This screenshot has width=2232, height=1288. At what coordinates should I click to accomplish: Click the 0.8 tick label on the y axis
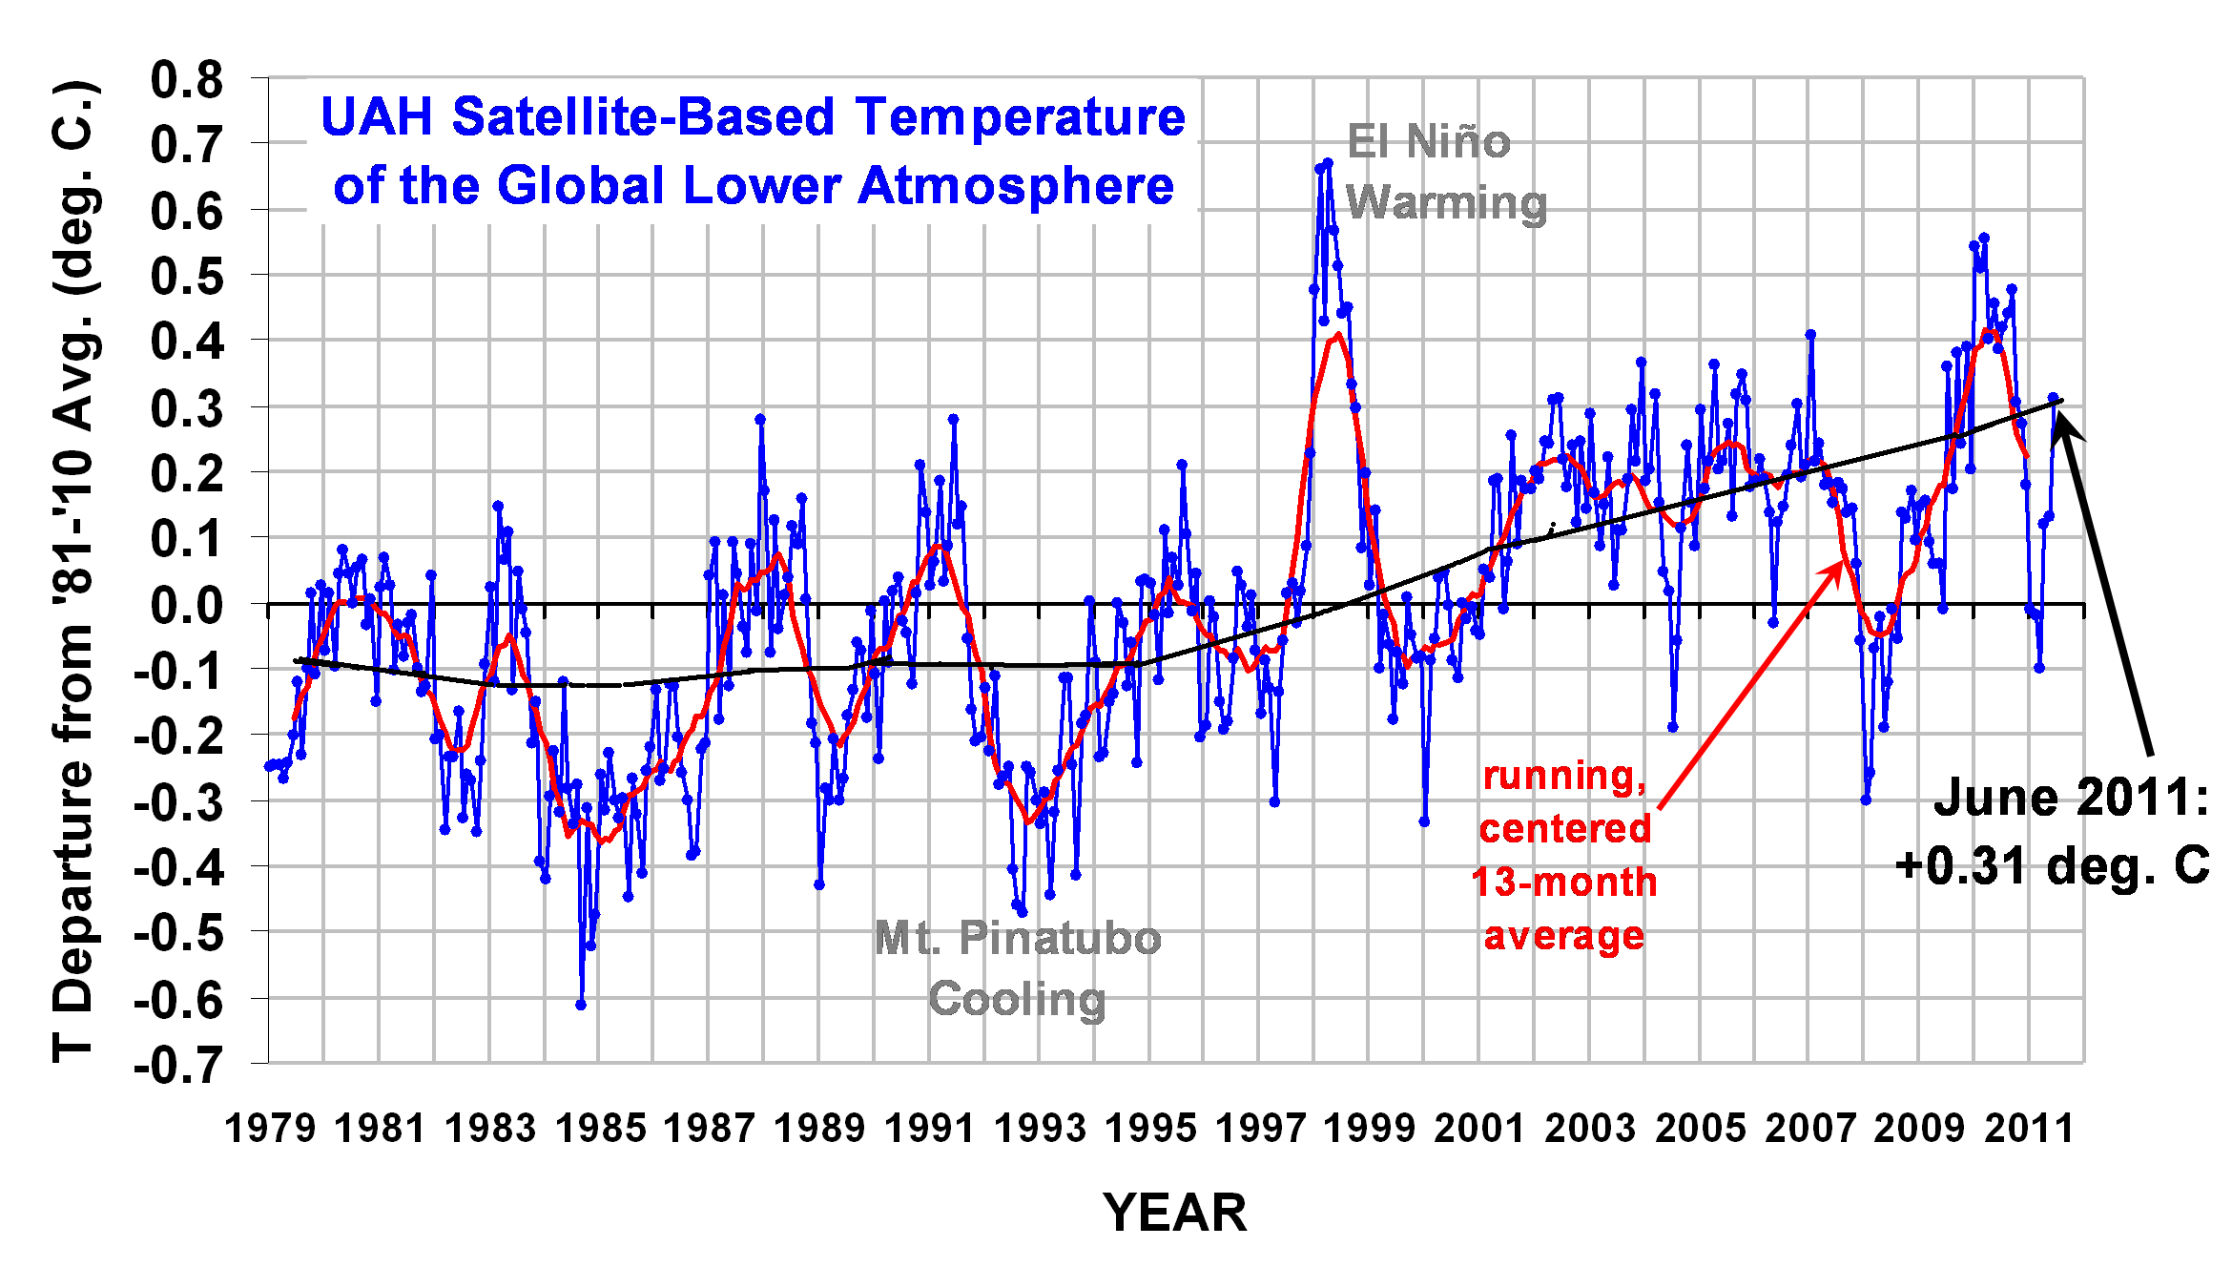(x=186, y=80)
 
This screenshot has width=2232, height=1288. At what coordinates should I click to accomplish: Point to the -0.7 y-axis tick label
(x=178, y=1065)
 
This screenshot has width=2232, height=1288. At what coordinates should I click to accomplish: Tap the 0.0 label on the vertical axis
(x=186, y=606)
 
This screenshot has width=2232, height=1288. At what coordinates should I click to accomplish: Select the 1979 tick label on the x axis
(x=270, y=1129)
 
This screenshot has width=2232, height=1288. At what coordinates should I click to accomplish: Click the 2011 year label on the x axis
(x=2030, y=1129)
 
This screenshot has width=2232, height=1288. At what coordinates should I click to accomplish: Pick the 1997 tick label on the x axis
(x=1261, y=1129)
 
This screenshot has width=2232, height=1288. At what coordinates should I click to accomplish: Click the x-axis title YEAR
(x=1175, y=1214)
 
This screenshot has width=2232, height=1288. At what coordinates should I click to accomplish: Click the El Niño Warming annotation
(x=1445, y=173)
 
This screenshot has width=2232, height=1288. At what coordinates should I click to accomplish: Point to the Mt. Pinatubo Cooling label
(x=1018, y=968)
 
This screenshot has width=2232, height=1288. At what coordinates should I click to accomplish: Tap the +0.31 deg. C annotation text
(x=2052, y=866)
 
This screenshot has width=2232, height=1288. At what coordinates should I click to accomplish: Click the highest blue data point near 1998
(x=1328, y=163)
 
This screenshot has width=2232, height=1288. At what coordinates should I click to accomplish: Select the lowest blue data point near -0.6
(x=581, y=1005)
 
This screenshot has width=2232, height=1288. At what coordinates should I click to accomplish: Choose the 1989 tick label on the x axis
(x=819, y=1129)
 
